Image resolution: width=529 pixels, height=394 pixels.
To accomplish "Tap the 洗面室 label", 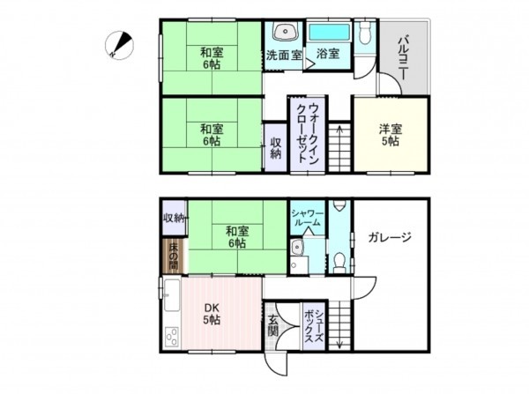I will pos(285,55).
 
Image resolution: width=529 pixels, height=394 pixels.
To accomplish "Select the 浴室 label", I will pos(330,55).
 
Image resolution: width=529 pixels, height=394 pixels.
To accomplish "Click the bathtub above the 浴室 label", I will pos(331,33).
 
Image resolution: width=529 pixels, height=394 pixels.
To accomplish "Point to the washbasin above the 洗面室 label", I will pos(285,33).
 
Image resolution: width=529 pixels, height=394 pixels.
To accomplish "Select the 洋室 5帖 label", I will pos(391,133).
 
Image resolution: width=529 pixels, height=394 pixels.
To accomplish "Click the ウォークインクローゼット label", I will pos(309,132).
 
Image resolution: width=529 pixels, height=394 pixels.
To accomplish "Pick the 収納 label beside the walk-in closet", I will pos(276,147).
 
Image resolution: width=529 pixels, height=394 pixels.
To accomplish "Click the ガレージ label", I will pos(390,237).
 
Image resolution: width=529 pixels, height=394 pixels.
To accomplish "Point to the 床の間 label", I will pos(174,253).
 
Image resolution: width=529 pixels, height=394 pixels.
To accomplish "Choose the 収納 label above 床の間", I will pos(173,218).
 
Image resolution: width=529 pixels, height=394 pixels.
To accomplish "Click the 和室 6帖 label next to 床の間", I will pos(235,237).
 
